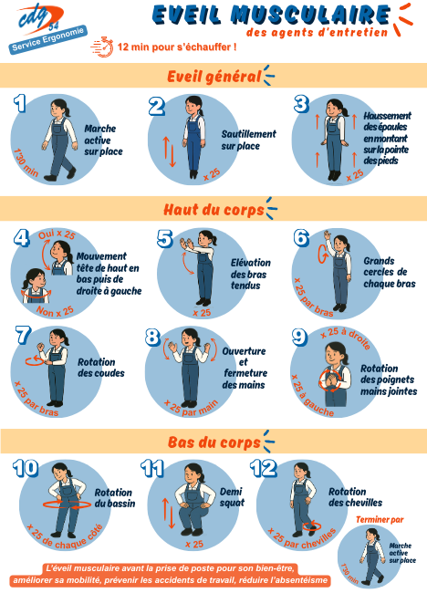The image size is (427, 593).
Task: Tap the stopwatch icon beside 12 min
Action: pyautogui.click(x=102, y=47)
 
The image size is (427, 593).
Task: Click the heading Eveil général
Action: pyautogui.click(x=214, y=76)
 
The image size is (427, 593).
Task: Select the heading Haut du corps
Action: pyautogui.click(x=213, y=209)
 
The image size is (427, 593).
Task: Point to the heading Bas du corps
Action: pyautogui.click(x=214, y=442)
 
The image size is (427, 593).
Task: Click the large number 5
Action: pyautogui.click(x=165, y=239)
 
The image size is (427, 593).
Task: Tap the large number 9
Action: pyautogui.click(x=300, y=337)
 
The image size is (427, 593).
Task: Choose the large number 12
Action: pyautogui.click(x=264, y=469)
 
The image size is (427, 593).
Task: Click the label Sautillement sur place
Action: pyautogui.click(x=248, y=140)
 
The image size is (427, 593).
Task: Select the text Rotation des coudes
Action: pyautogui.click(x=101, y=368)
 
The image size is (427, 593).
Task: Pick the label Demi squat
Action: pyautogui.click(x=232, y=497)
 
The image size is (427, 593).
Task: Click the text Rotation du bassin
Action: pyautogui.click(x=115, y=498)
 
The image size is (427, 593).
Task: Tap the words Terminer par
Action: pyautogui.click(x=380, y=520)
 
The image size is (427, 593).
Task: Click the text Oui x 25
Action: pyautogui.click(x=57, y=234)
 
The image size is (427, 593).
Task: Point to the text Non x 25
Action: pyautogui.click(x=56, y=311)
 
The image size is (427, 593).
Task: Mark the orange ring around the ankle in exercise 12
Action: pyautogui.click(x=312, y=526)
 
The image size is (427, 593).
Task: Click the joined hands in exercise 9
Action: pyautogui.click(x=331, y=381)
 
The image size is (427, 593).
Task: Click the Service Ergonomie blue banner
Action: pyautogui.click(x=48, y=40)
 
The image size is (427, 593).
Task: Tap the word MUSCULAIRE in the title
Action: pyautogui.click(x=310, y=16)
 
